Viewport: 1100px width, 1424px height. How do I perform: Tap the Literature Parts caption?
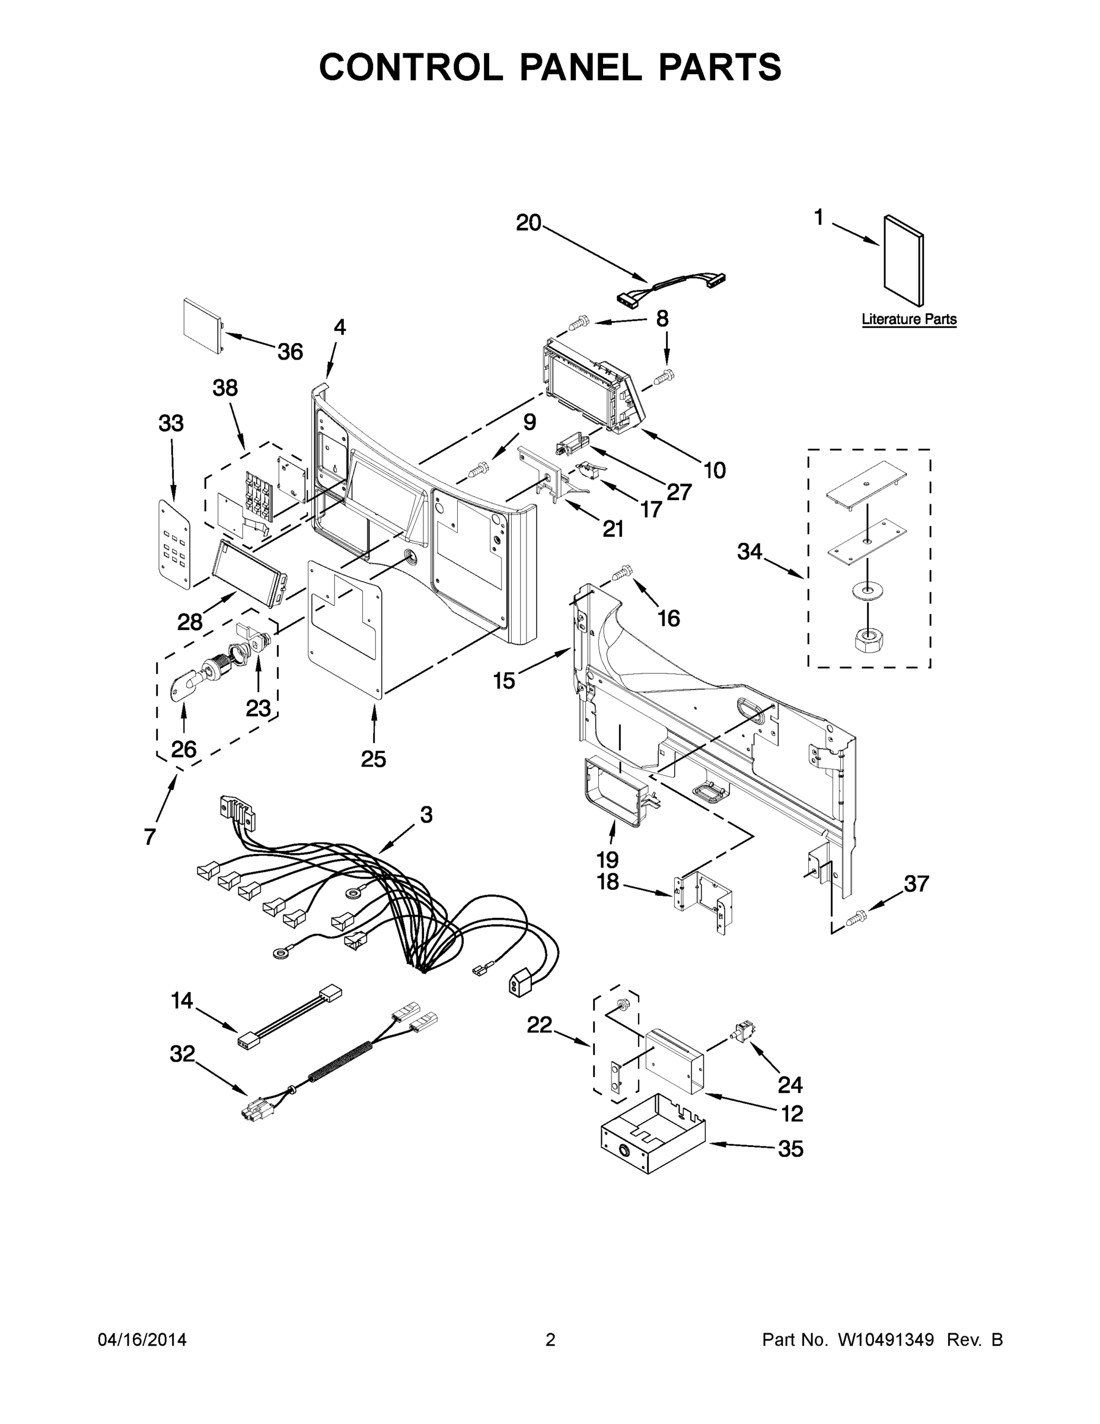908,319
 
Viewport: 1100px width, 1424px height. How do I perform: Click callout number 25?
374,759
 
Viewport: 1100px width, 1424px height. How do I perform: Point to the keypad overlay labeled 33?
175,545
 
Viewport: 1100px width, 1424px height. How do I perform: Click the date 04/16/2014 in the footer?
142,1339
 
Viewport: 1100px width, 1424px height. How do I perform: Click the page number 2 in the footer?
550,1339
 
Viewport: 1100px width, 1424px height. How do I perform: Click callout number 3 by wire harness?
426,815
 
